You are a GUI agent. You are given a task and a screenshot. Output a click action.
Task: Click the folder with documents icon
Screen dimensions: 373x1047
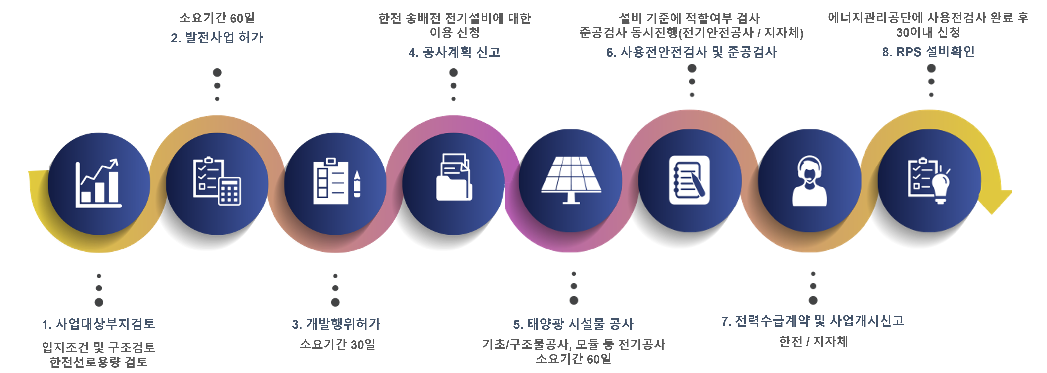(454, 178)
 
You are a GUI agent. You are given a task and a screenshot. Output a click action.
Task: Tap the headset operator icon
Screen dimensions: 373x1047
(809, 181)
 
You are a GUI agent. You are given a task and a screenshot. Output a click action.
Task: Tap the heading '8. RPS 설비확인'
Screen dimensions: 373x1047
(928, 52)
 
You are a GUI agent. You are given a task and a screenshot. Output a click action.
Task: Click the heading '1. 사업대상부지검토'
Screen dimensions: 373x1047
(98, 324)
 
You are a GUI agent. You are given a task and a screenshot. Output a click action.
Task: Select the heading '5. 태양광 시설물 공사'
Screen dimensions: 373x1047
(573, 324)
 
